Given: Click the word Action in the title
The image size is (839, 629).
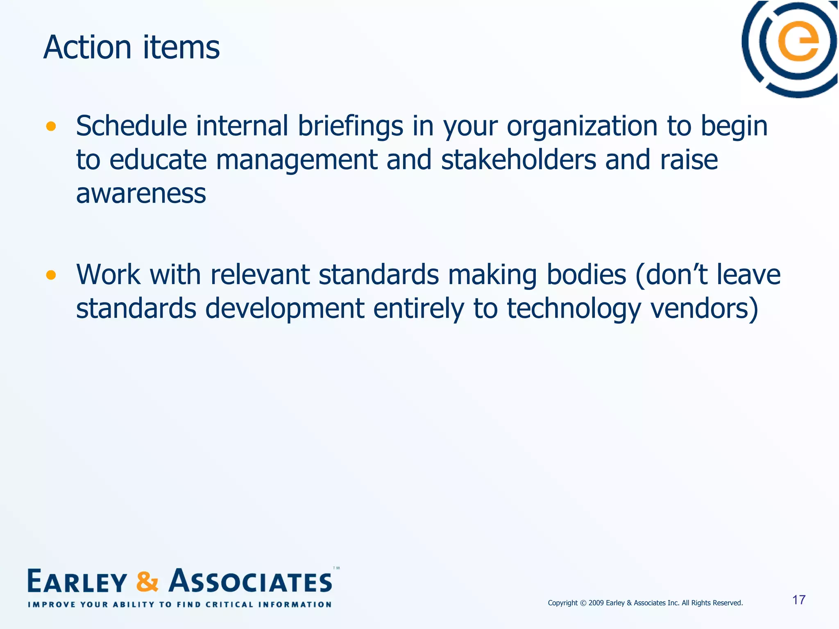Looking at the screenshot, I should pos(87,48).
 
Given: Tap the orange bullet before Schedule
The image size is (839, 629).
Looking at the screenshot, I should pos(51,127).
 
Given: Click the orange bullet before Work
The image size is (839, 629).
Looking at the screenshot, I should pos(51,275).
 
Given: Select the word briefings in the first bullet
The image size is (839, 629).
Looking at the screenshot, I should pos(350,126).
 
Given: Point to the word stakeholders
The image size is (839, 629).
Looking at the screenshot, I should pos(518,160).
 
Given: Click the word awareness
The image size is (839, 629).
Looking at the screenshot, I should pos(141,194).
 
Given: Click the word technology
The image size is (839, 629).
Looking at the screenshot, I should pos(574,309).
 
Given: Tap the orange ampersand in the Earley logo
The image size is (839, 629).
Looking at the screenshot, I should pos(147,581).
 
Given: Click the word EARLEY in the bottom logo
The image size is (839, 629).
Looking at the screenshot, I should pos(77,581).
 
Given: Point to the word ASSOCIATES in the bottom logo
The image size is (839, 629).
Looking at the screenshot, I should pos(251,581).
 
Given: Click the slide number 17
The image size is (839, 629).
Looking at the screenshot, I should pos(799,600).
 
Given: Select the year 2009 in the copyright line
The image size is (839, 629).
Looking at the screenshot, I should pos(596,603).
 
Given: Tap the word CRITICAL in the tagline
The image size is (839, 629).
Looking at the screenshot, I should pos(229,604).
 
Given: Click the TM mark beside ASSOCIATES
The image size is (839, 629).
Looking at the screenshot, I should pos(336,568).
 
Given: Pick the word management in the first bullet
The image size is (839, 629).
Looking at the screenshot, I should pos(296,161).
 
